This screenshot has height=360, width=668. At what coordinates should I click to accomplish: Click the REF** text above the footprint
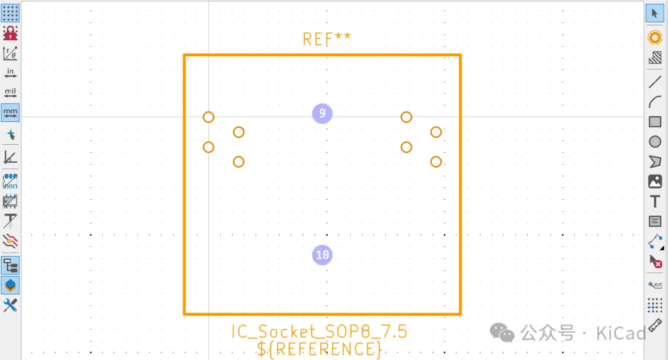coord(327,39)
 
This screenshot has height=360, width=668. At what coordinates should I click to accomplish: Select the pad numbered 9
coord(322,113)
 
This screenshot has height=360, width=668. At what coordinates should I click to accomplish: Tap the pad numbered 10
coord(322,255)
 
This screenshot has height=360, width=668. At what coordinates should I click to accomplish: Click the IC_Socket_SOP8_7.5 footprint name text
coord(319,332)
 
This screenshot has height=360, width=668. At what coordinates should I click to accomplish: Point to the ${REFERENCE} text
coord(319,349)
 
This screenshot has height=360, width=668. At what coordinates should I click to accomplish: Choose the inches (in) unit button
coord(11,74)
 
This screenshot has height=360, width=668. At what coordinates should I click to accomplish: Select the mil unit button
coord(11,93)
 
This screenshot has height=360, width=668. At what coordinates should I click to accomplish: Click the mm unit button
coord(11,113)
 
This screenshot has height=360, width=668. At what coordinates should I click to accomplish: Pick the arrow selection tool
coord(655,14)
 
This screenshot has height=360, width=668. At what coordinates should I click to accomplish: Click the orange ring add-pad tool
coord(655,38)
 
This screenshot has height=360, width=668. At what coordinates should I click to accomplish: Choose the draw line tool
coord(655,82)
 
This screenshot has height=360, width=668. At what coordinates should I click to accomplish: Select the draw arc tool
coord(655,102)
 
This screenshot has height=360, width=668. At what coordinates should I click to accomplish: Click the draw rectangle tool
coord(655,122)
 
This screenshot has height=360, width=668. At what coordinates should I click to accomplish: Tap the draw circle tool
coord(655,142)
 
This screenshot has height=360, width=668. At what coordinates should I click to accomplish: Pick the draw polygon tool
coord(655,161)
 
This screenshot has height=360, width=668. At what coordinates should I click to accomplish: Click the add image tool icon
coord(655,181)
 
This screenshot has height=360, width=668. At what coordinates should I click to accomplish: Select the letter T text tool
coord(655,202)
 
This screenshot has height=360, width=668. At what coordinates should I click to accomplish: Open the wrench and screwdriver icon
coord(11,305)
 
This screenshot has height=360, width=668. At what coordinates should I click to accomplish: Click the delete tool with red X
coord(655,262)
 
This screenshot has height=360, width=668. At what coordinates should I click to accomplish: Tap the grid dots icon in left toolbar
coord(11,13)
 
